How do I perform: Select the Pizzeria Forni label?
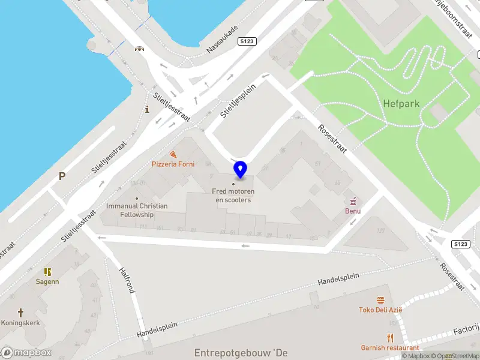tap(173, 164)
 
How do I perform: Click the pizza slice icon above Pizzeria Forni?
tap(173, 154)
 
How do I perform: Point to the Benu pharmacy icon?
tap(353, 200)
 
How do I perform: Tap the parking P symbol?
tap(61, 176)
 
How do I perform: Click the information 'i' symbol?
tap(147, 109)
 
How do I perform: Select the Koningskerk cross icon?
tap(20, 313)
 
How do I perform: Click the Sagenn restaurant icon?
tap(47, 272)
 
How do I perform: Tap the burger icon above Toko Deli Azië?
tap(380, 299)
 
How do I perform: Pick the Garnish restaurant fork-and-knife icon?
tap(390, 337)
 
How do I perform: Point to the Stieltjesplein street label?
tap(238, 100)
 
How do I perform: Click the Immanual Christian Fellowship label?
tap(137, 210)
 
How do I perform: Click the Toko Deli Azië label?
tap(380, 310)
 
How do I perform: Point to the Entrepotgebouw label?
tap(241, 353)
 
